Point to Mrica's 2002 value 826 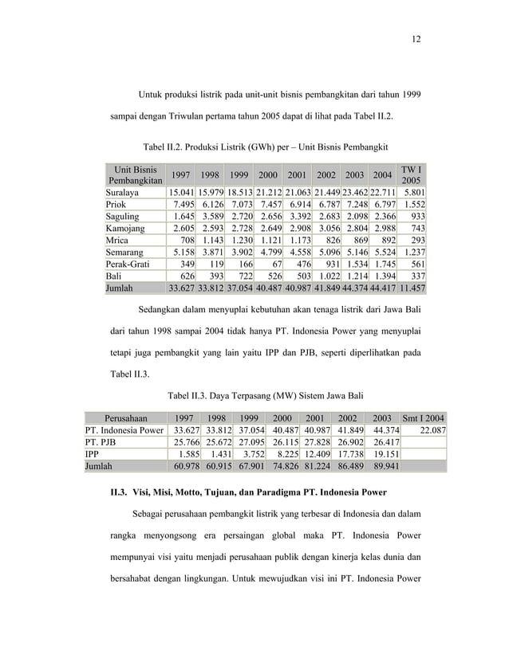330,241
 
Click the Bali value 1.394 381,276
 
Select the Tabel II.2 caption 265,147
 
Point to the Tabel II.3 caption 266,394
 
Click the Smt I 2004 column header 424,417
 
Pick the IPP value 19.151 382,454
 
